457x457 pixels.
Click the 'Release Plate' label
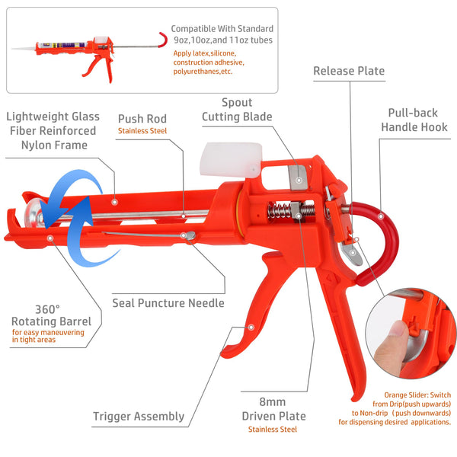click(x=349, y=72)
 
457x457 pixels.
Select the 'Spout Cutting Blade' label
click(x=237, y=110)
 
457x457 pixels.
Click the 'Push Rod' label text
click(x=142, y=119)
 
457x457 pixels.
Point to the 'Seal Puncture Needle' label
click(x=168, y=303)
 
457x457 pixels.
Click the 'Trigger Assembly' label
click(x=139, y=416)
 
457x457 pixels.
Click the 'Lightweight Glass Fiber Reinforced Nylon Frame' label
click(x=51, y=130)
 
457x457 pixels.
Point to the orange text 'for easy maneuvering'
click(x=47, y=332)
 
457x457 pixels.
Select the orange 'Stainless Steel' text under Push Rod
click(x=142, y=131)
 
